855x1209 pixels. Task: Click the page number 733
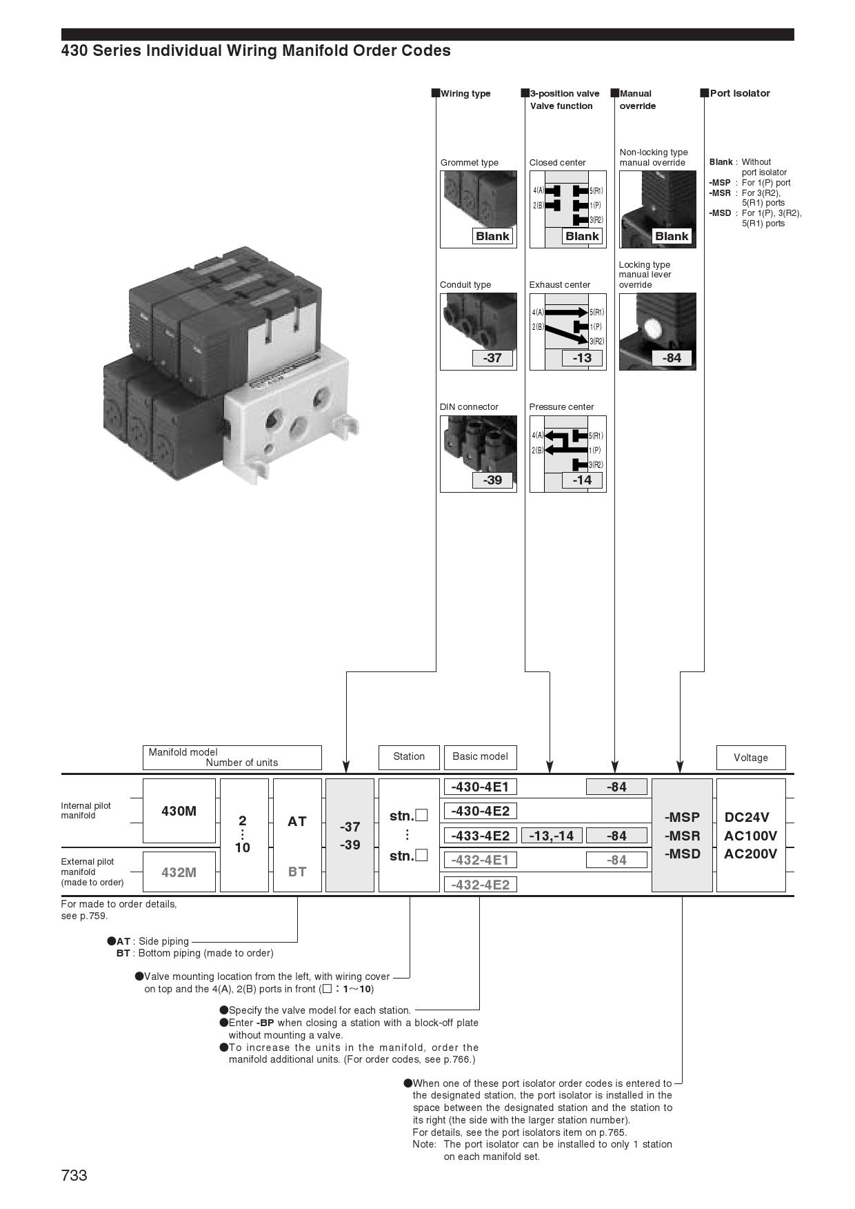[x=74, y=1175]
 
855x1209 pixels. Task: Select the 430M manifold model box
[x=179, y=811]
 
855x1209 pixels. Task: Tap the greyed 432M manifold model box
[x=179, y=872]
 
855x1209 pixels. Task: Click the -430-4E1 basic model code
[x=480, y=787]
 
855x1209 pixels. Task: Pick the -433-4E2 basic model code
[x=480, y=836]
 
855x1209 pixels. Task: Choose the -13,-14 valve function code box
[x=552, y=836]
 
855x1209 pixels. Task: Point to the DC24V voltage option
[x=747, y=817]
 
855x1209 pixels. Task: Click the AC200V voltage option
[x=750, y=854]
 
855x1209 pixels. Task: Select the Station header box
[x=409, y=757]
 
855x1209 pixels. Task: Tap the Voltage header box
[x=750, y=758]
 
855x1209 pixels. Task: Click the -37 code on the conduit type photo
[x=492, y=357]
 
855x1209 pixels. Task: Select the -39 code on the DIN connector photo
[x=492, y=480]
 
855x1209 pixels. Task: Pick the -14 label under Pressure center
[x=582, y=480]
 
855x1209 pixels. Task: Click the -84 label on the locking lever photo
[x=672, y=357]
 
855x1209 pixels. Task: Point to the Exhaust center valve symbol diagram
[x=567, y=324]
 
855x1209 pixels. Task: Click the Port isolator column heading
[x=739, y=93]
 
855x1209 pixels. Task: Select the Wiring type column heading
[x=465, y=93]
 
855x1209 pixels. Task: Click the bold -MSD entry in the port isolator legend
[x=721, y=213]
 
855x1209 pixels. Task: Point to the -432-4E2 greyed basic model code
[x=480, y=885]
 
